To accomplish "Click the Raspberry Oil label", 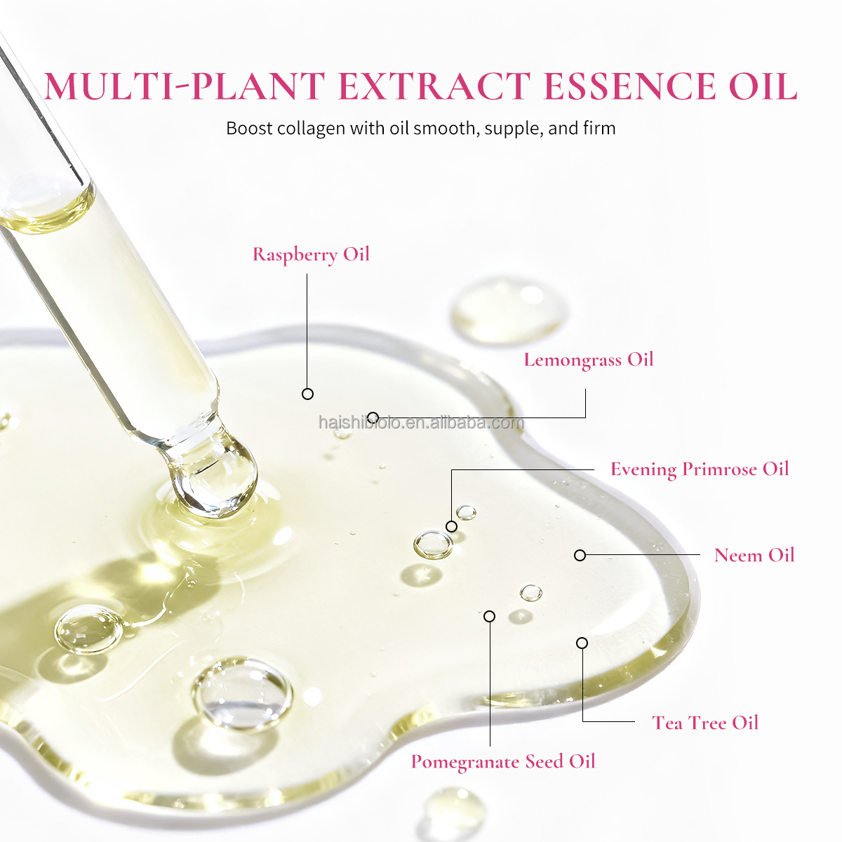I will coord(311,254).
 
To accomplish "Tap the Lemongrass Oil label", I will coord(588,360).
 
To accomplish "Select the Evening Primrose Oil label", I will coord(700,469).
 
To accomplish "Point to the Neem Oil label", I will coord(754,555).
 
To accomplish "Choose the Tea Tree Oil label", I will coord(705,723).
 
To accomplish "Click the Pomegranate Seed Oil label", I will coord(503,761).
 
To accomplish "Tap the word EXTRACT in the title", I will coord(434,86).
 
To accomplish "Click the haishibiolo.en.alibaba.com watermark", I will coord(421,422).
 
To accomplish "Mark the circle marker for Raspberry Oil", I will coord(307,394).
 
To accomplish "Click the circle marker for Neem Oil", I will coord(580,555).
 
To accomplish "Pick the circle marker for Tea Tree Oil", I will coord(582,643).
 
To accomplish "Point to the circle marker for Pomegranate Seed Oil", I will coord(490,616).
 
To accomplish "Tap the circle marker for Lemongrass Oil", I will coord(373,417).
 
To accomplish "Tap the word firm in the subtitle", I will coord(599,128).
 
